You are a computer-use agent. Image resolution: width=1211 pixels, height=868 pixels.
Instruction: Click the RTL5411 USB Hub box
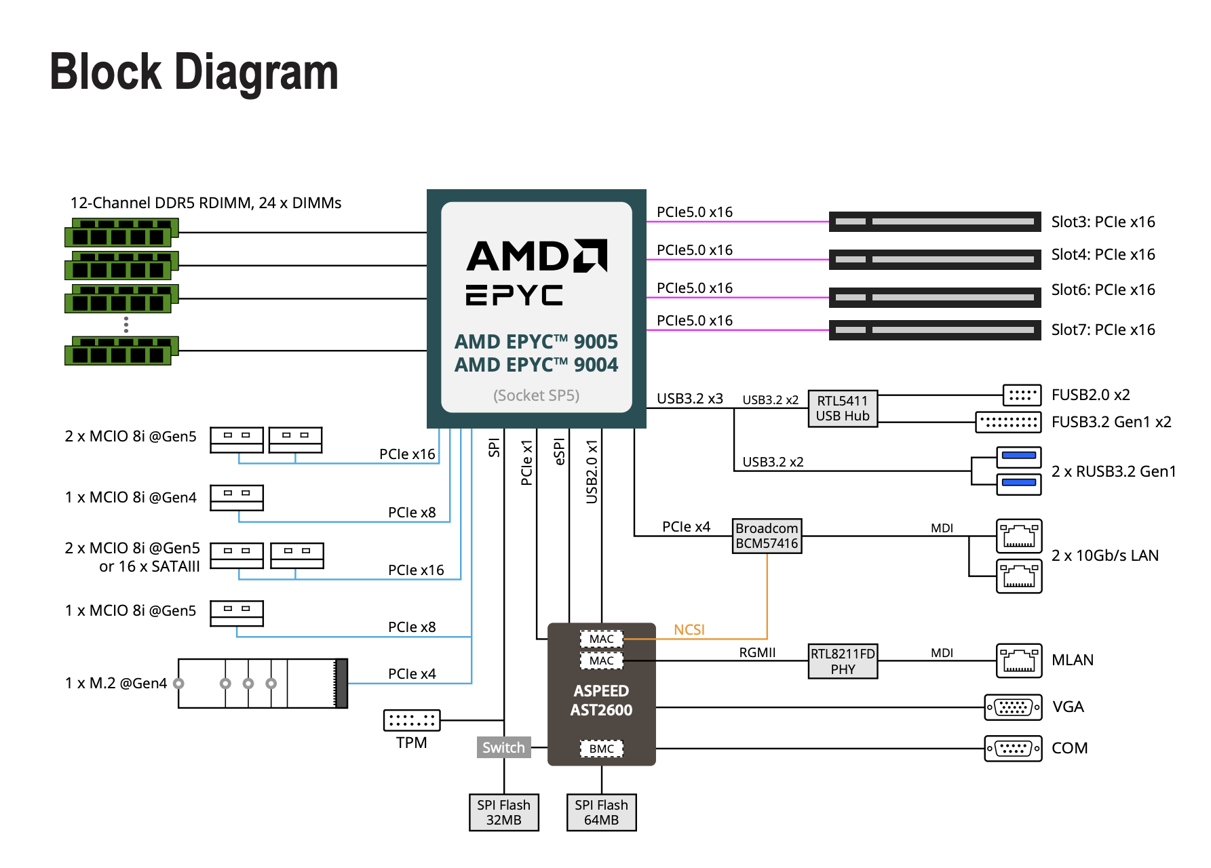coord(843,408)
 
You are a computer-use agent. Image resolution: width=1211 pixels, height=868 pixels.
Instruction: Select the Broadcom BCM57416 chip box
coord(767,536)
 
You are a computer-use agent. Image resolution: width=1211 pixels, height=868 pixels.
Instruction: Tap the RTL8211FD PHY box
coord(843,661)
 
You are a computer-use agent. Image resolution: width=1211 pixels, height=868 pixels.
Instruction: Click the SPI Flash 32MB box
coord(503,812)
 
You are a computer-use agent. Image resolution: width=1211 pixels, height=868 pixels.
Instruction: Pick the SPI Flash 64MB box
coord(601,812)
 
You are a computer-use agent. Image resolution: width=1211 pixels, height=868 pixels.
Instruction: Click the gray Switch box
coord(503,747)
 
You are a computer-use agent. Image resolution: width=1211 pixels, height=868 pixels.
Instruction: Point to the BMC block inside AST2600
coord(601,749)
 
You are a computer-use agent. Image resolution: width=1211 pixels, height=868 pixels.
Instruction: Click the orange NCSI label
coord(689,630)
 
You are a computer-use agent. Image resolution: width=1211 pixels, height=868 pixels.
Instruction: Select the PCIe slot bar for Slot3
coord(935,222)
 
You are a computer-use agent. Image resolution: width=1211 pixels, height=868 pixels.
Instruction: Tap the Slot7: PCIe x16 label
coord(1103,330)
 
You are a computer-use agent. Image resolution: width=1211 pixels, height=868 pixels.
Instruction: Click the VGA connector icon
coord(1013,707)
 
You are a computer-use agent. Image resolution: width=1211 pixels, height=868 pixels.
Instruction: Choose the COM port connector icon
coord(1013,749)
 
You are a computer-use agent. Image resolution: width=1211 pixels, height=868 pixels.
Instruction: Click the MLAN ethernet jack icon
coord(1018,660)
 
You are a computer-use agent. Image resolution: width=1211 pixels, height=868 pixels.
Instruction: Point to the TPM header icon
coord(412,720)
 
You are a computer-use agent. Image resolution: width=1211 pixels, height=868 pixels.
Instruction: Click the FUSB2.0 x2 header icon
coord(1022,395)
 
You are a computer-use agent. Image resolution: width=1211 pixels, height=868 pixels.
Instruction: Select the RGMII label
coord(757,652)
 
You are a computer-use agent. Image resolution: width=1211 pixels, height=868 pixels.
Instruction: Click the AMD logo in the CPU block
coord(537,256)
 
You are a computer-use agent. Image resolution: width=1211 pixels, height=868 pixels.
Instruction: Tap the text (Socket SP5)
coord(536,395)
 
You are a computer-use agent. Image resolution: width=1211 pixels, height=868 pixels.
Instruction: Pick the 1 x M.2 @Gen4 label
coord(116,683)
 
